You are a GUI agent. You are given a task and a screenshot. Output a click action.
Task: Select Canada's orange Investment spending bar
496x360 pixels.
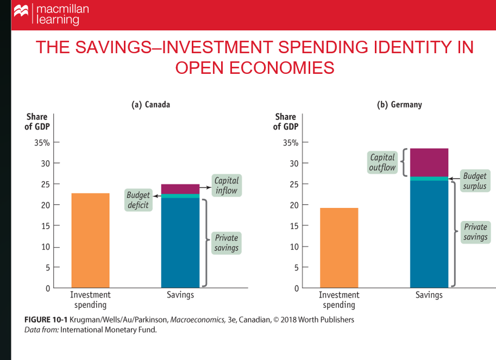90,240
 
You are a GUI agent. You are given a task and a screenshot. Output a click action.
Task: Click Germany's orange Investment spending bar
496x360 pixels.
339,247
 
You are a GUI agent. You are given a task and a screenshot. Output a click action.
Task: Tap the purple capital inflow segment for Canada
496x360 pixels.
180,189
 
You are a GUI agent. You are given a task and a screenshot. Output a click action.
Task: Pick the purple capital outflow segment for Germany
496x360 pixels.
429,162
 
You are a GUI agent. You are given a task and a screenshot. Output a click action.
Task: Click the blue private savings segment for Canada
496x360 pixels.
180,242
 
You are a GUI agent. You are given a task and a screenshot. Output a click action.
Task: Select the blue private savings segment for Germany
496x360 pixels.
429,233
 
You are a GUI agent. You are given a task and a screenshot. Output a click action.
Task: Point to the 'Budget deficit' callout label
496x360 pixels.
138,199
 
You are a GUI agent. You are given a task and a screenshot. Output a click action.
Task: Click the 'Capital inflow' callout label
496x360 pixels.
226,185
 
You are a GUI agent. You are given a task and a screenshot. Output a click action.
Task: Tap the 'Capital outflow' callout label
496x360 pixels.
382,162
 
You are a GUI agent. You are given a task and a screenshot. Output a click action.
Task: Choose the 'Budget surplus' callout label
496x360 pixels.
475,181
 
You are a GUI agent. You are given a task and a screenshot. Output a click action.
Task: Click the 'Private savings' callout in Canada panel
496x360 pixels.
226,243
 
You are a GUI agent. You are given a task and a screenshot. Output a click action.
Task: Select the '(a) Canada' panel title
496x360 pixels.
151,104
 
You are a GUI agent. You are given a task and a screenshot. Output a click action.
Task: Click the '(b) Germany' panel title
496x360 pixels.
399,104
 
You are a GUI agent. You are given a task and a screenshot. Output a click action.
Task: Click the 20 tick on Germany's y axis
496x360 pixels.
294,205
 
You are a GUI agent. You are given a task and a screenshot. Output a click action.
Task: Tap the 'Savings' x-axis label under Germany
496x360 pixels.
429,295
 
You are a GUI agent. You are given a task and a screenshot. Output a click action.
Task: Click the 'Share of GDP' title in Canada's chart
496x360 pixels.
36,122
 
